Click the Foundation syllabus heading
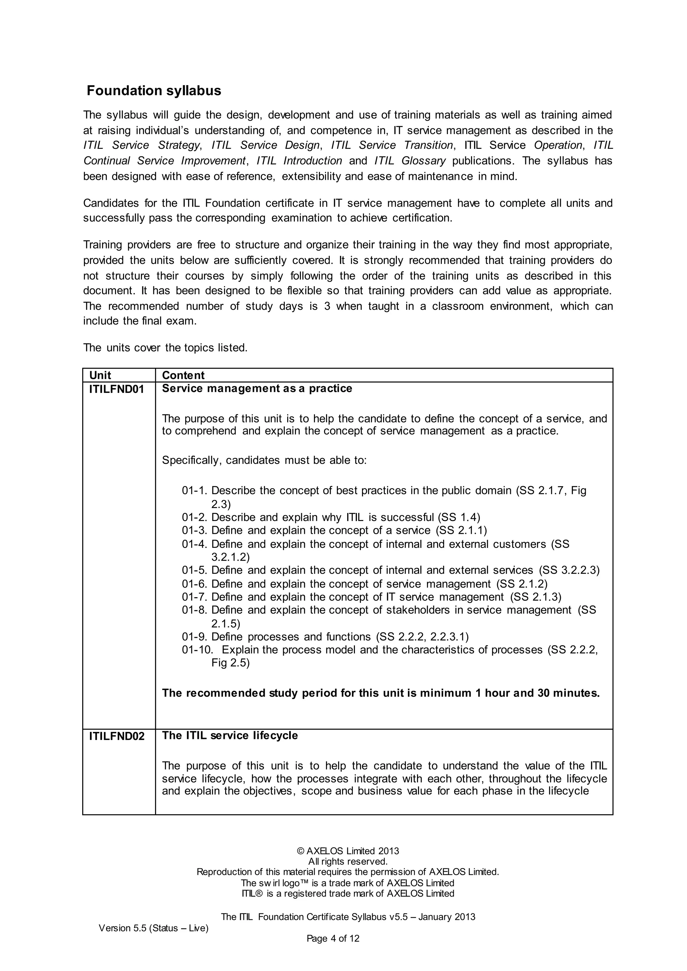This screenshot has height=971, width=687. pyautogui.click(x=154, y=91)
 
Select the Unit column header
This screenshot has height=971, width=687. pyautogui.click(x=100, y=375)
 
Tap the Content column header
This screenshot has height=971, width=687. pyautogui.click(x=183, y=375)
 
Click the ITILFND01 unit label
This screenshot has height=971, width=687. pyautogui.click(x=116, y=390)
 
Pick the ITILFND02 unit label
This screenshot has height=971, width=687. pyautogui.click(x=117, y=736)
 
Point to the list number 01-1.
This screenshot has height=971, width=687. pyautogui.click(x=195, y=491)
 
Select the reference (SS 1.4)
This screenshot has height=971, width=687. pyautogui.click(x=459, y=517)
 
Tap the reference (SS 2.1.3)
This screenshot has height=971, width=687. pyautogui.click(x=536, y=597)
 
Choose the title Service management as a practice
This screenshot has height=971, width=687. pyautogui.click(x=257, y=388)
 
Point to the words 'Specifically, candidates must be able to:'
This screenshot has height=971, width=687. pyautogui.click(x=264, y=460)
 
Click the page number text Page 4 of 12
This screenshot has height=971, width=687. pyautogui.click(x=333, y=938)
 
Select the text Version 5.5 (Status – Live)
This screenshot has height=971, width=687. pyautogui.click(x=154, y=928)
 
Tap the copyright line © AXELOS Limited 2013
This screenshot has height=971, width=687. pyautogui.click(x=348, y=851)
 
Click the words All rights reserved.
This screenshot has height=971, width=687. pyautogui.click(x=348, y=861)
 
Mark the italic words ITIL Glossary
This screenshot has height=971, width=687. pyautogui.click(x=410, y=161)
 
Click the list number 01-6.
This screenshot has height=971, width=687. pyautogui.click(x=195, y=584)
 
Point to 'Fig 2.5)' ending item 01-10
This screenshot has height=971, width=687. pyautogui.click(x=230, y=663)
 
